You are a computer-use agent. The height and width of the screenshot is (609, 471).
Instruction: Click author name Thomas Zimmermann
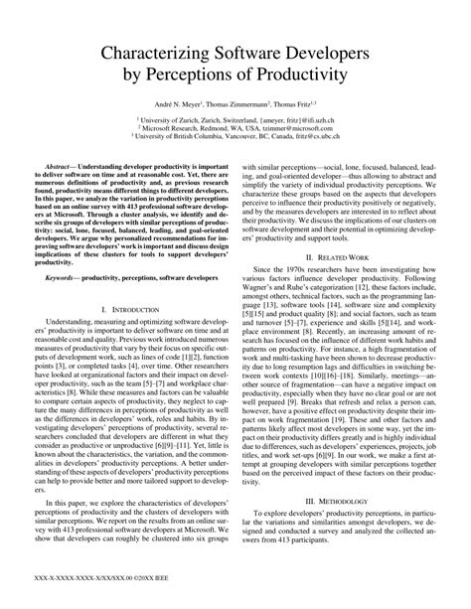tap(238, 104)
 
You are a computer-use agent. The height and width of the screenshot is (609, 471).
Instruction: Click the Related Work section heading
tap(348, 255)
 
